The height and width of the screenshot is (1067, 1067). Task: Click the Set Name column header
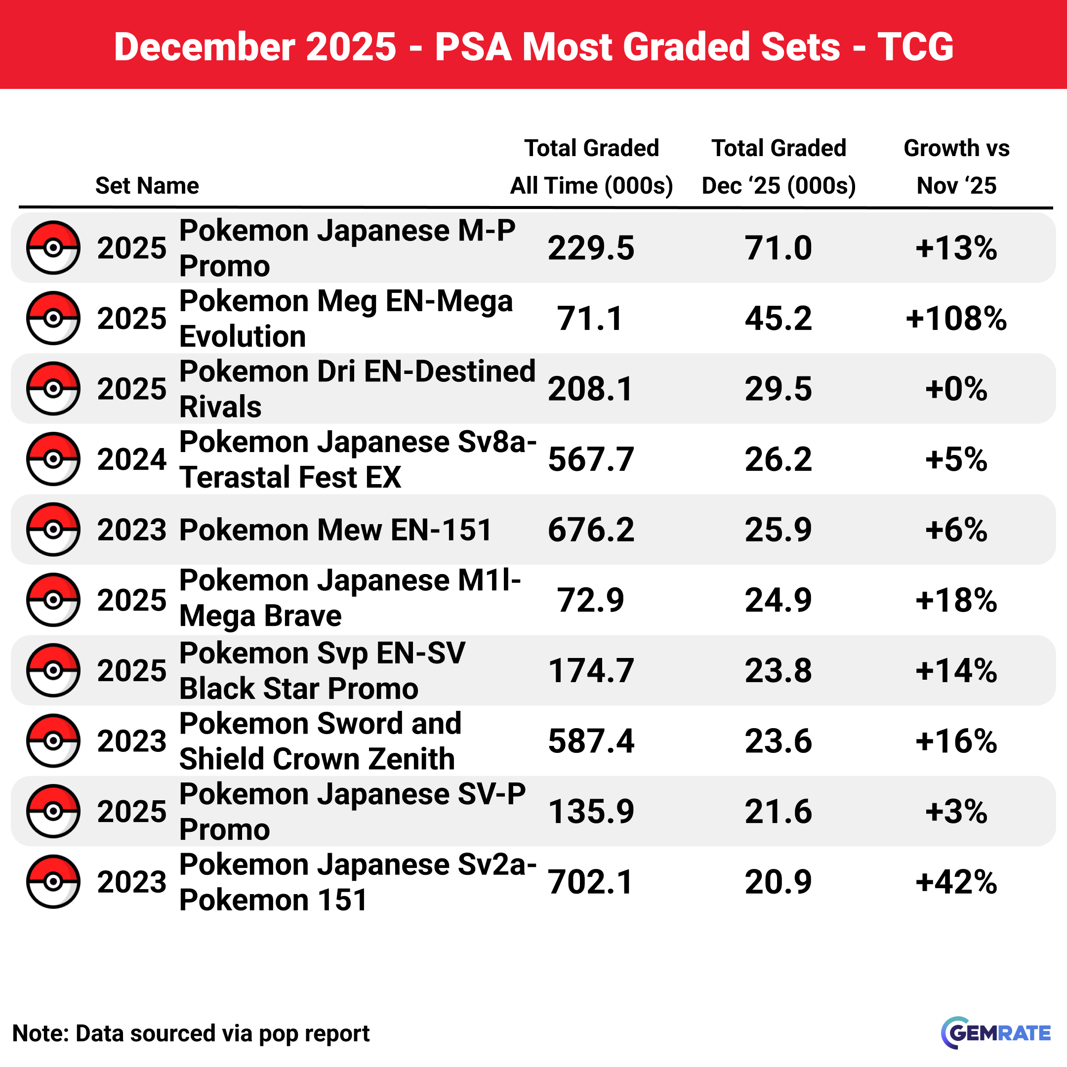[147, 186]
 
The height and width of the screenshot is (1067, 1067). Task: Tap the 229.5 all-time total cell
[591, 248]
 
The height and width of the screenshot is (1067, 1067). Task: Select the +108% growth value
[956, 319]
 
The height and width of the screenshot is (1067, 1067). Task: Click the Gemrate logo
[995, 1033]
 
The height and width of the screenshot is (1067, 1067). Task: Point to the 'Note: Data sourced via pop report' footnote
[191, 1033]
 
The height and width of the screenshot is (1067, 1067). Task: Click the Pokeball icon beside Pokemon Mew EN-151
[53, 529]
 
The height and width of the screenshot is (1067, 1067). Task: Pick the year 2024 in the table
[131, 459]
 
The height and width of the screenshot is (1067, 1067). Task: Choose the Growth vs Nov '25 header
[956, 167]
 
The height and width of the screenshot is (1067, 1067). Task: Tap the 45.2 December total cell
[778, 319]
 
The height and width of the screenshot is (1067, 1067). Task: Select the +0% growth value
[956, 389]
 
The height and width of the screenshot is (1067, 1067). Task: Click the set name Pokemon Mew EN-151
[335, 530]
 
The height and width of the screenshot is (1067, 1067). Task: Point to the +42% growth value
[956, 882]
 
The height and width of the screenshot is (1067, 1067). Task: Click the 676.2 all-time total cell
[591, 530]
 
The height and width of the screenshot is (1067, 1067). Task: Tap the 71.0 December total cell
[778, 248]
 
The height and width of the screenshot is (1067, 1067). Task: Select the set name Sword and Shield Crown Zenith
[320, 741]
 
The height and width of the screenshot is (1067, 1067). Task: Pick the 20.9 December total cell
[778, 882]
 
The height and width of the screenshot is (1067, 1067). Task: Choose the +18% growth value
[956, 600]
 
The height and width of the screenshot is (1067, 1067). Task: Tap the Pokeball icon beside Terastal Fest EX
[53, 459]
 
